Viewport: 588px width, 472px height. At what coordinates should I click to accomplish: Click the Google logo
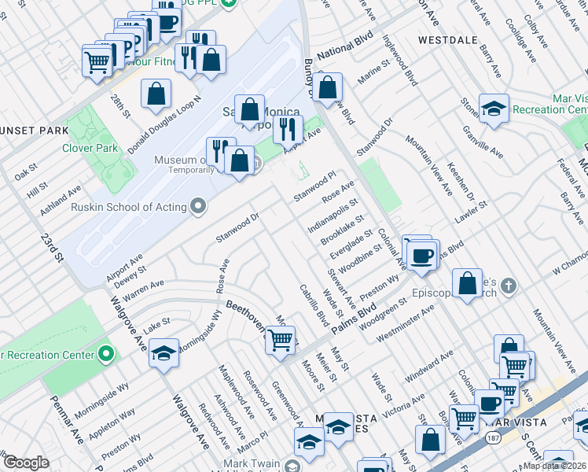point(25,463)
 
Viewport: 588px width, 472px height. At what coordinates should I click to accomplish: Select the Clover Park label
point(91,147)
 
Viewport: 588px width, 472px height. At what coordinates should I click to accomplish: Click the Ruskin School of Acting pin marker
point(197,207)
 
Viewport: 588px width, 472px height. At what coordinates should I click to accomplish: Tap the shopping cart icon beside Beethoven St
point(280,341)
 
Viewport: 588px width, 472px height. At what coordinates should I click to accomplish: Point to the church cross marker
point(509,285)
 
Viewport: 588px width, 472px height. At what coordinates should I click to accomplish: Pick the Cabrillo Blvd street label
point(314,306)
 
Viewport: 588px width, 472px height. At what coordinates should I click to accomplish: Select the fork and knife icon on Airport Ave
point(288,128)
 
